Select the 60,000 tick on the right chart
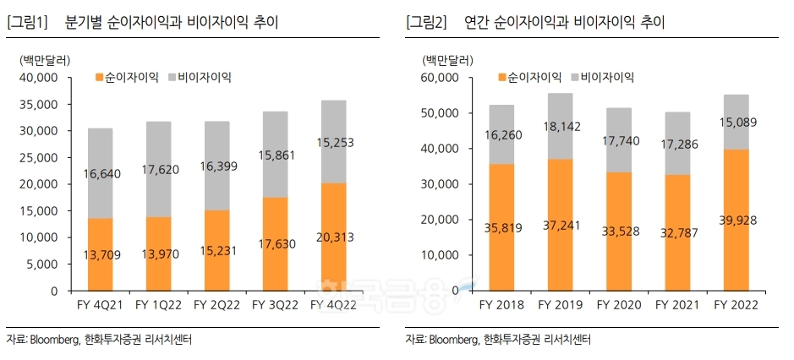[x=440, y=77]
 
